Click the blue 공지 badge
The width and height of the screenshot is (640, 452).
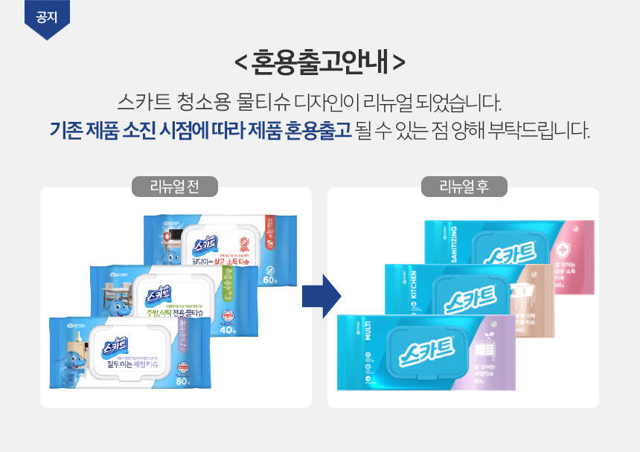[x=46, y=16]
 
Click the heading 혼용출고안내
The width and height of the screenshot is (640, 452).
[x=320, y=62]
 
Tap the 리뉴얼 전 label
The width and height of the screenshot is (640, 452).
[x=176, y=186]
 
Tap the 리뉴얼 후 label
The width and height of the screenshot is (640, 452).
[x=464, y=186]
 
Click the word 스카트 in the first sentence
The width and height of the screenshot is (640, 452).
[x=141, y=101]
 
